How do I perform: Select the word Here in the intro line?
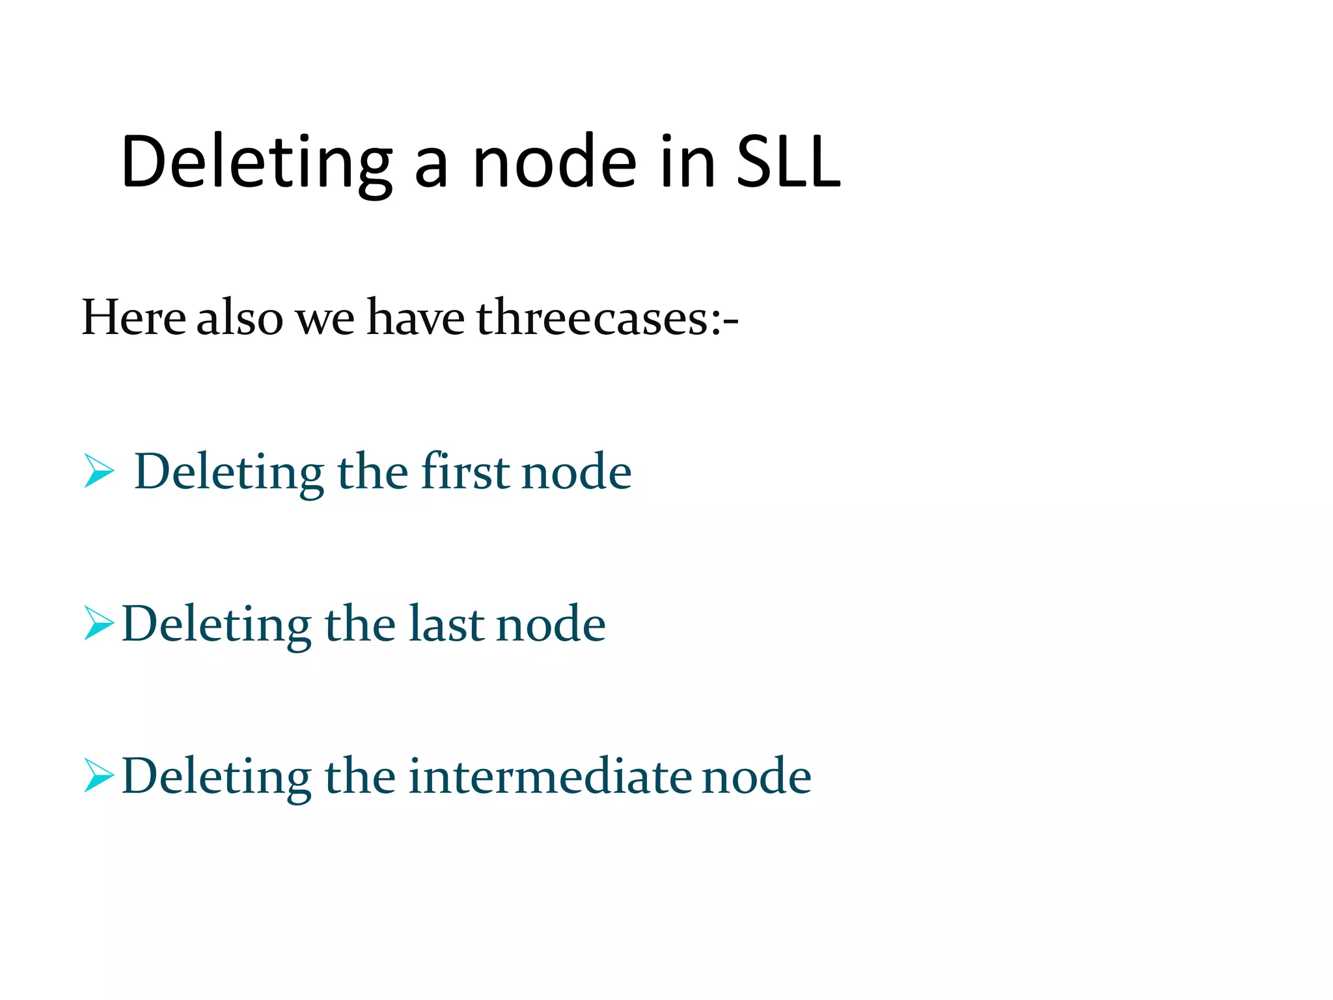click(134, 318)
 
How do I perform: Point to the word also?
click(240, 318)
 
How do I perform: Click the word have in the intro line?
click(415, 318)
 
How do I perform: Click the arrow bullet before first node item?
click(99, 471)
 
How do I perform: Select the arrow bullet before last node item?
click(99, 623)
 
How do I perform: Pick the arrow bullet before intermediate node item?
click(99, 775)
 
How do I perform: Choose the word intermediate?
click(550, 776)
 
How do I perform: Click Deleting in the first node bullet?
click(229, 472)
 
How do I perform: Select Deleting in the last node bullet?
click(216, 624)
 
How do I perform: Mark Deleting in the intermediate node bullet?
click(216, 777)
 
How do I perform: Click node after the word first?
click(577, 472)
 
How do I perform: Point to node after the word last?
click(551, 624)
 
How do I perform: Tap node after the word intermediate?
click(756, 777)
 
